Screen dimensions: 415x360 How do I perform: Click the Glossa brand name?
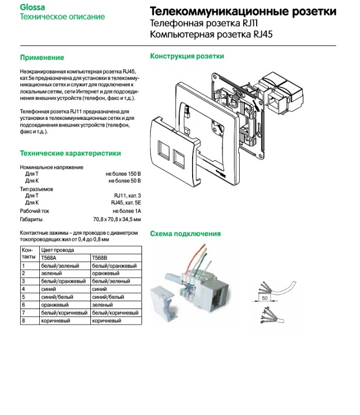click(32, 7)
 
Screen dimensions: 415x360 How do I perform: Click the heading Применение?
click(42, 57)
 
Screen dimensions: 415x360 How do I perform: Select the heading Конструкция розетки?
click(187, 56)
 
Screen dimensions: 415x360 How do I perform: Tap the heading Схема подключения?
click(185, 234)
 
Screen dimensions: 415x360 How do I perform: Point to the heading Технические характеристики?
click(70, 153)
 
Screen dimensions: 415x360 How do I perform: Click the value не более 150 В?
click(123, 174)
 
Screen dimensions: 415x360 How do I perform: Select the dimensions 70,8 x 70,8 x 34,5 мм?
click(116, 219)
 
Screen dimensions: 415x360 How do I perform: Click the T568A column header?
click(49, 257)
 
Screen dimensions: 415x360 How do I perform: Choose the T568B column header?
click(100, 257)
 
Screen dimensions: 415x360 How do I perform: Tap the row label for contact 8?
click(23, 321)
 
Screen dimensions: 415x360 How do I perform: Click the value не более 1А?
click(130, 211)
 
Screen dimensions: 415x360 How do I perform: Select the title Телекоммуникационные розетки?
click(242, 11)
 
